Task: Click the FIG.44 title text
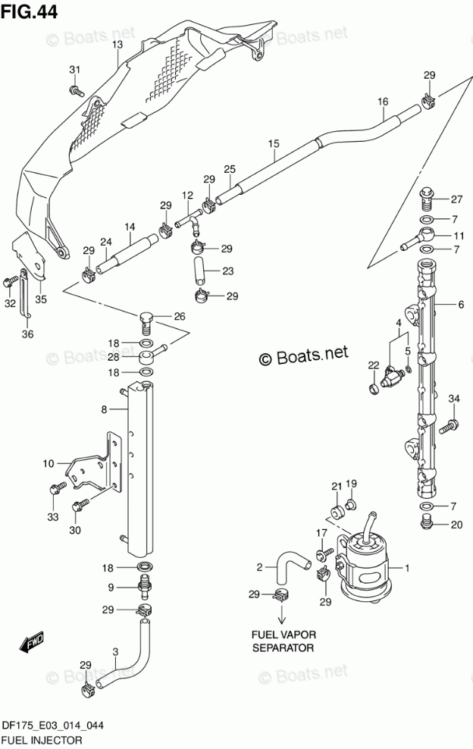[x=29, y=11]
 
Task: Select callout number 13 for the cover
[x=117, y=45]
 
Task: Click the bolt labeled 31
[x=77, y=89]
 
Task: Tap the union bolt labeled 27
[x=426, y=199]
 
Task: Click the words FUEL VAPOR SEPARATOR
[x=283, y=641]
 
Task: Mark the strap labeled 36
[x=26, y=294]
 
